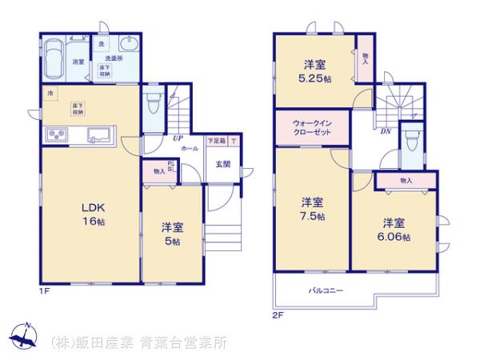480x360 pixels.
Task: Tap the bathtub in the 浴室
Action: tap(54, 58)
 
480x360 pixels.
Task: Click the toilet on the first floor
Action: tap(154, 104)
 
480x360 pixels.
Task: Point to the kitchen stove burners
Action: tap(58, 134)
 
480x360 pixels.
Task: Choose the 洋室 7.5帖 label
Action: tap(313, 208)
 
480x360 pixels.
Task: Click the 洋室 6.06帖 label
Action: tap(394, 230)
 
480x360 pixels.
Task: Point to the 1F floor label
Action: tap(45, 291)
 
